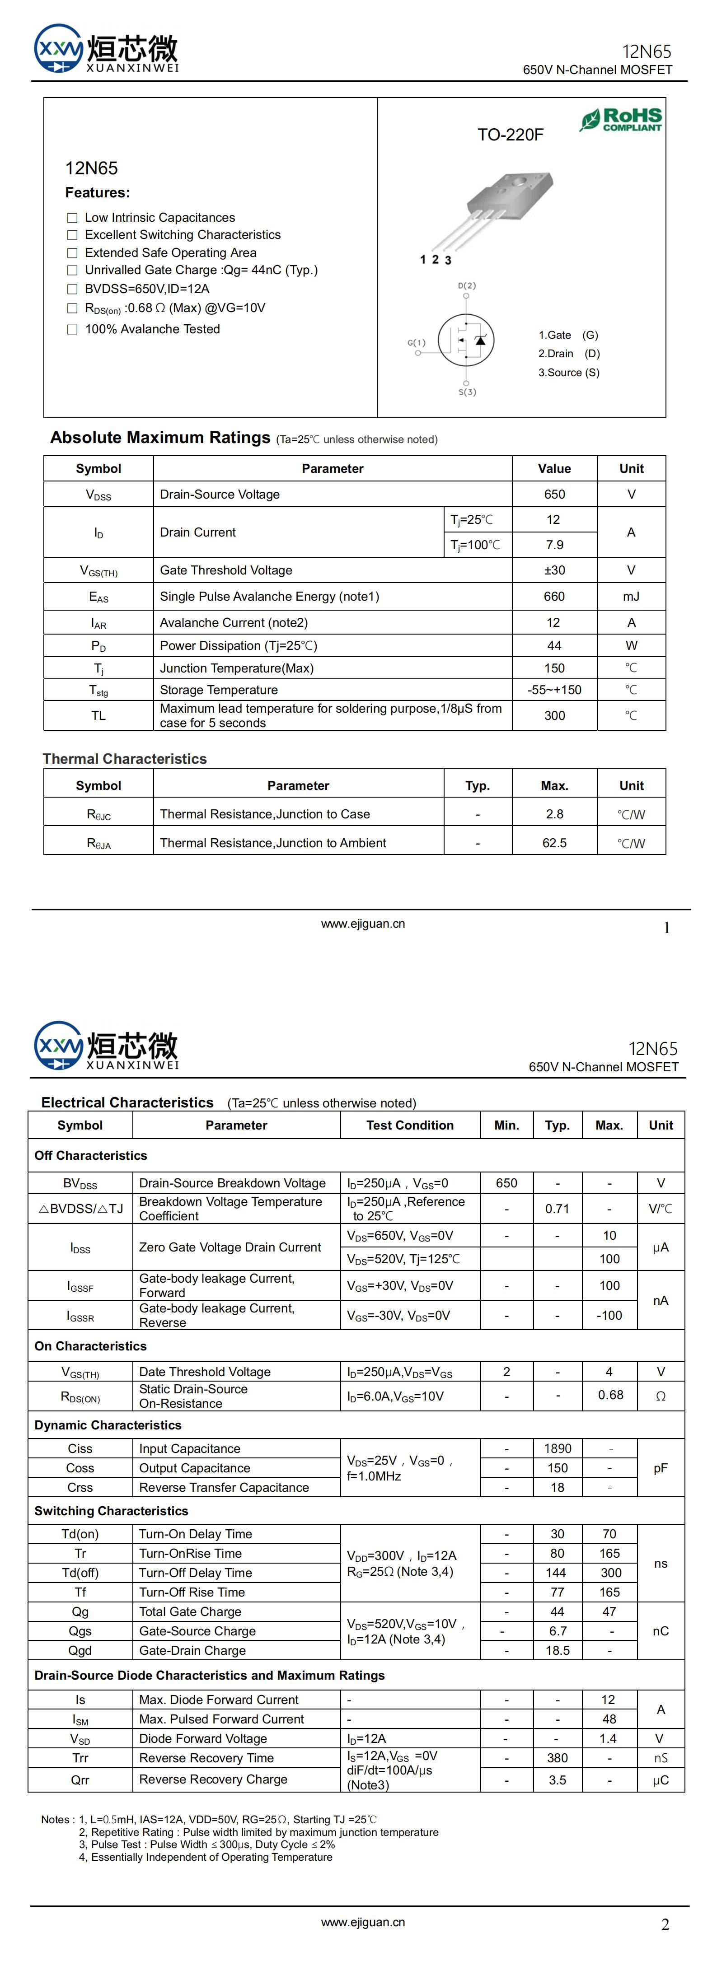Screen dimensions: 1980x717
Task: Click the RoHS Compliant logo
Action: coord(621,120)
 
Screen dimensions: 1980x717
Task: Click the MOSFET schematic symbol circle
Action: coord(466,340)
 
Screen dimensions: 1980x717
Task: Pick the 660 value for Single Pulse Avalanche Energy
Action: coord(554,597)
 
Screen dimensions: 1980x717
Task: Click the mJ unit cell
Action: coord(631,597)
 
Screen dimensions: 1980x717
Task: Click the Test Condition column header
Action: coord(410,1125)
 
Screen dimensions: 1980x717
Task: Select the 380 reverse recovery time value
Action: coord(557,1758)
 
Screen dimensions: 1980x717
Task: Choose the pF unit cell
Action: coord(660,1468)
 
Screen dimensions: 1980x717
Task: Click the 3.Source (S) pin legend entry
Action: coord(569,373)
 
